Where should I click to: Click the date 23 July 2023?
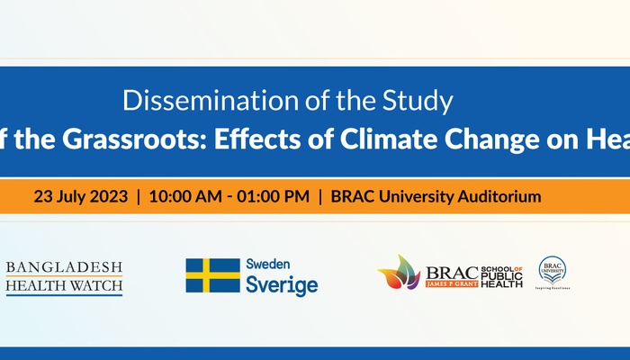(x=80, y=195)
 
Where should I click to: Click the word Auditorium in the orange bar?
(x=499, y=195)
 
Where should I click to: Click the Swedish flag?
(x=212, y=275)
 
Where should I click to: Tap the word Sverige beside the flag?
(x=282, y=285)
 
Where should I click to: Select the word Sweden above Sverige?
(x=269, y=265)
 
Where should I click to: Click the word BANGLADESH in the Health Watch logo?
(x=64, y=268)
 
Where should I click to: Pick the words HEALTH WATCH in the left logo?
(x=64, y=288)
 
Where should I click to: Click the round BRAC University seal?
(x=552, y=269)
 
